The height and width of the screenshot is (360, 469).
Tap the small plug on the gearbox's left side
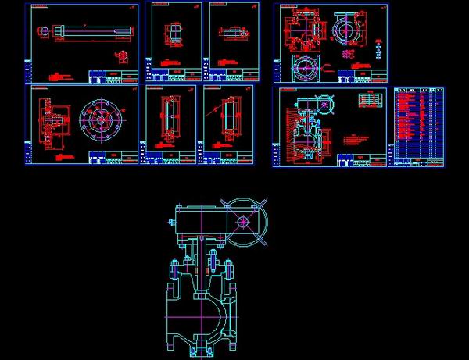pos(170,226)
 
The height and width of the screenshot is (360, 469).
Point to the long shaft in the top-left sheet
pos(82,32)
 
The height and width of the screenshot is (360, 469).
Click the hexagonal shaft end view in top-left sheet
pos(42,32)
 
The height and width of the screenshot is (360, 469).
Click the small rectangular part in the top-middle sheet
pos(174,37)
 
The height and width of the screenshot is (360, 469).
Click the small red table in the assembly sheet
pos(367,101)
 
